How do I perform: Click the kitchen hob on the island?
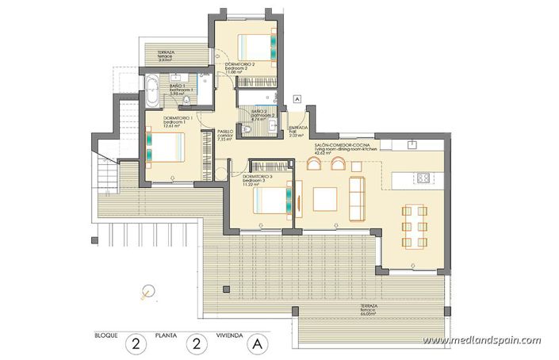[423, 178]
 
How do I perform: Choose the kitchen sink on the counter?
[411, 145]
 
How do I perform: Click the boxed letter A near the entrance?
[295, 99]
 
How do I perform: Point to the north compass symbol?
[146, 291]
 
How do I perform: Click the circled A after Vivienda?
[256, 343]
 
